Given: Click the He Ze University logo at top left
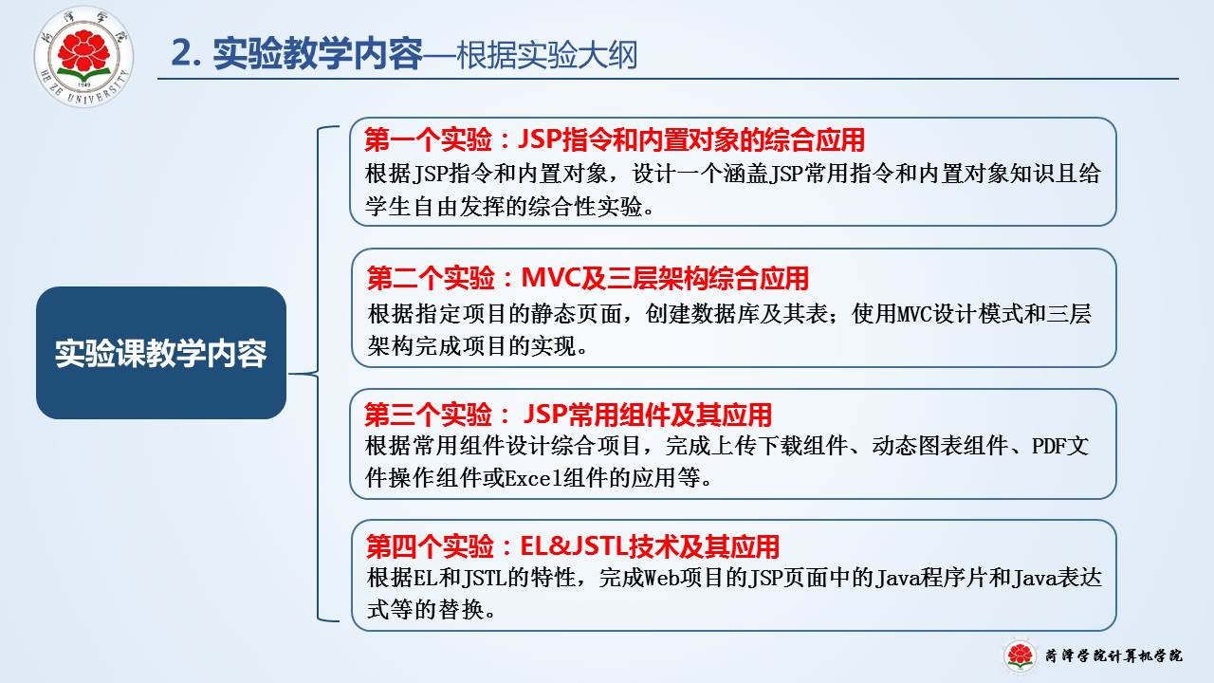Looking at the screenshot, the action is (83, 56).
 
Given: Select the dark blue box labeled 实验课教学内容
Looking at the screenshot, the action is (161, 353).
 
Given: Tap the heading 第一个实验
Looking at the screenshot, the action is (428, 139).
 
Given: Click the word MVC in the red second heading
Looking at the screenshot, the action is (550, 278).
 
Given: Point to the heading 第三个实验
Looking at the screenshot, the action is (428, 415).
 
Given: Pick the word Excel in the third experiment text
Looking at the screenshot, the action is (533, 478).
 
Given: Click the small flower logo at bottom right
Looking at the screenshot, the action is (1020, 655).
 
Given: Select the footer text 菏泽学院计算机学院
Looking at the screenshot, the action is (1113, 655).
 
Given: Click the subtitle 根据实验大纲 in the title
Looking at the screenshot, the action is (546, 55).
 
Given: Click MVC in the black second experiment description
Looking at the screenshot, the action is (916, 314).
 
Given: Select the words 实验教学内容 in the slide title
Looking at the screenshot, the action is (318, 54).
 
